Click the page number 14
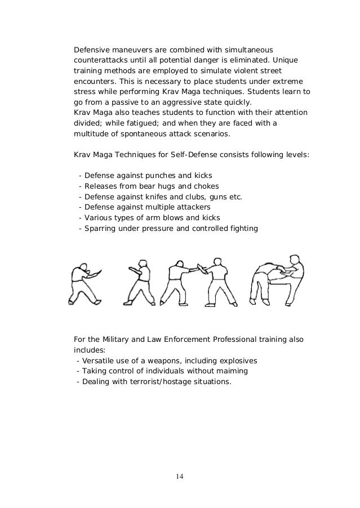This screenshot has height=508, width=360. point(179,476)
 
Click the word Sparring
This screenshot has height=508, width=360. point(101,228)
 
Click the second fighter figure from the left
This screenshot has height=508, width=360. point(137,280)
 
